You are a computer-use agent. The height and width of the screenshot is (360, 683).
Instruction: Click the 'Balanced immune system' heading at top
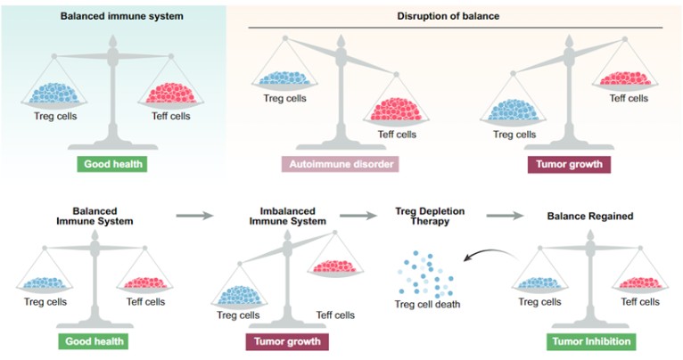pyautogui.click(x=110, y=17)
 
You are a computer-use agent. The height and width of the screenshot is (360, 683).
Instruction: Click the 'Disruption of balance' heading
pyautogui.click(x=448, y=17)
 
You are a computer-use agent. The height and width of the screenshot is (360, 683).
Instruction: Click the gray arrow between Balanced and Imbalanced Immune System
pyautogui.click(x=194, y=215)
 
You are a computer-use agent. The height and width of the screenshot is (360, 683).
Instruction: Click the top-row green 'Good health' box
pyautogui.click(x=111, y=165)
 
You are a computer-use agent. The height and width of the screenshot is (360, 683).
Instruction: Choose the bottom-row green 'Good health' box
pyautogui.click(x=94, y=341)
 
